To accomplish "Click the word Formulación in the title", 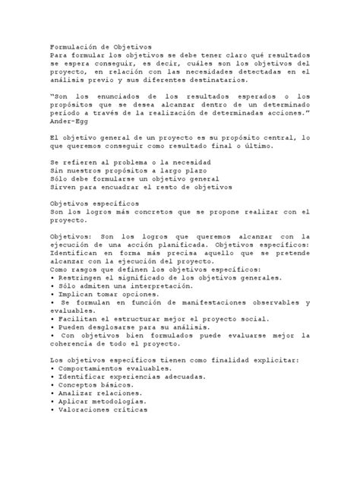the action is coord(74,46).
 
